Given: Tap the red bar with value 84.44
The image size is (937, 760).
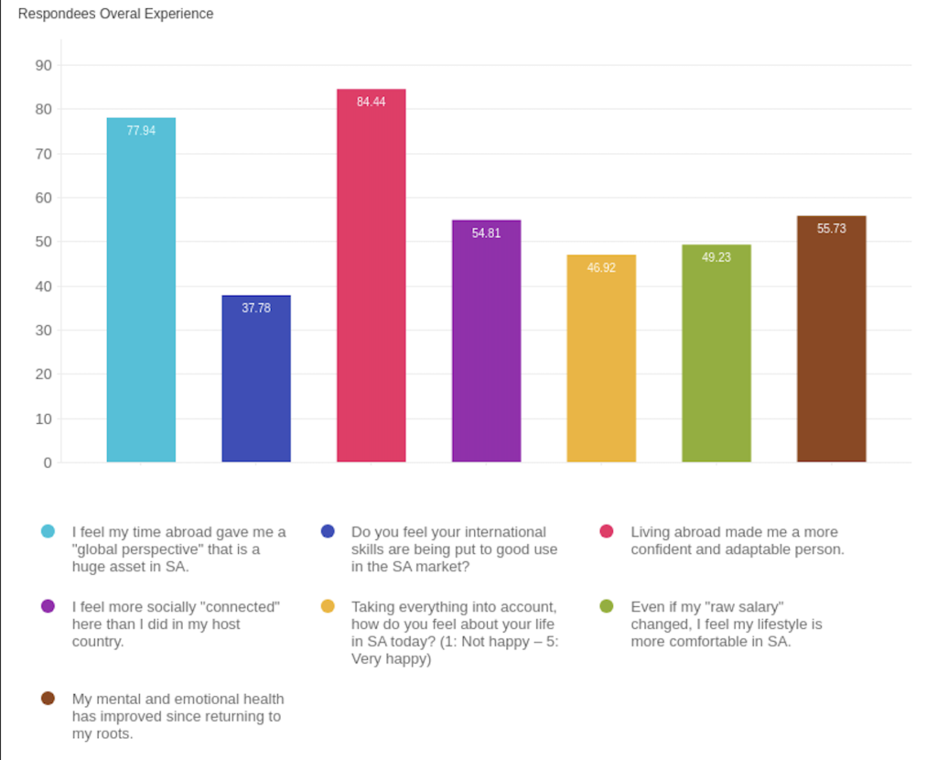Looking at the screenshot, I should pyautogui.click(x=372, y=275).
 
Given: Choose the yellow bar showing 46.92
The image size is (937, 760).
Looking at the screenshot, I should pyautogui.click(x=601, y=358).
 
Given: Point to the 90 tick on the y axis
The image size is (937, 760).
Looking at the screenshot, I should pyautogui.click(x=43, y=65).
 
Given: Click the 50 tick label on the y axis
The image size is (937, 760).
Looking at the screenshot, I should pyautogui.click(x=43, y=242).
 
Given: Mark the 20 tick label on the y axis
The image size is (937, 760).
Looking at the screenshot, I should pyautogui.click(x=43, y=375).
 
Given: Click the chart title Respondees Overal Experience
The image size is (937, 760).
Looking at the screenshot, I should pyautogui.click(x=115, y=15).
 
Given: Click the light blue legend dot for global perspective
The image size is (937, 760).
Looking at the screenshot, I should pyautogui.click(x=48, y=532).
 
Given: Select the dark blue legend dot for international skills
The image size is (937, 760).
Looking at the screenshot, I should pyautogui.click(x=328, y=532).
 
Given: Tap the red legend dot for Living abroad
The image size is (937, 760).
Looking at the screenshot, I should pyautogui.click(x=606, y=532).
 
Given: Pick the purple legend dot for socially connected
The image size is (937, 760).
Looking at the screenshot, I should pyautogui.click(x=48, y=606).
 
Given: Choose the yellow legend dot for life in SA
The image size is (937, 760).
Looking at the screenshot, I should pyautogui.click(x=328, y=606).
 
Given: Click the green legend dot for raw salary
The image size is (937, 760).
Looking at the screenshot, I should pyautogui.click(x=606, y=606).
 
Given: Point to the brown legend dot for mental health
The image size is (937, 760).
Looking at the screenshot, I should pyautogui.click(x=48, y=699).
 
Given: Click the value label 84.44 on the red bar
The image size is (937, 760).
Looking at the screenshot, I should pyautogui.click(x=372, y=102).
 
